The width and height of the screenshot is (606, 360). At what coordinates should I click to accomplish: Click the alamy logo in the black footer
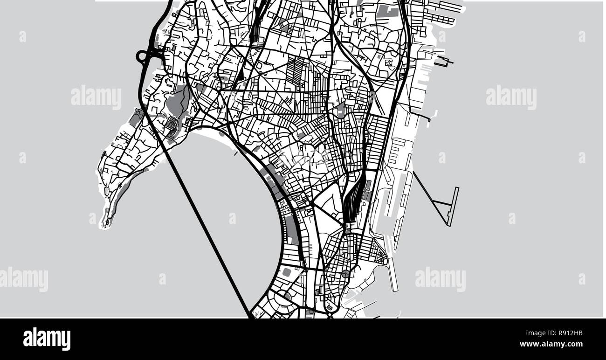click(47, 339)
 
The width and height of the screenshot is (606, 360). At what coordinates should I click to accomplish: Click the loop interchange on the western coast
click(142, 57)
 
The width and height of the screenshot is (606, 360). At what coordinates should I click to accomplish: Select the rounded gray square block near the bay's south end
click(286, 271)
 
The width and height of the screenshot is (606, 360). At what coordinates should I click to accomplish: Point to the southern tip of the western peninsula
click(106, 225)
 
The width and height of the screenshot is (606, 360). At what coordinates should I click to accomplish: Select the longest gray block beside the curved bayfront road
click(292, 228)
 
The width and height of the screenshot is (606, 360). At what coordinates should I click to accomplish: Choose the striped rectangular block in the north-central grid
click(295, 72)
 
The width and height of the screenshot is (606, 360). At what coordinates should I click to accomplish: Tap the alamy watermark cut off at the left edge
click(23, 279)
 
